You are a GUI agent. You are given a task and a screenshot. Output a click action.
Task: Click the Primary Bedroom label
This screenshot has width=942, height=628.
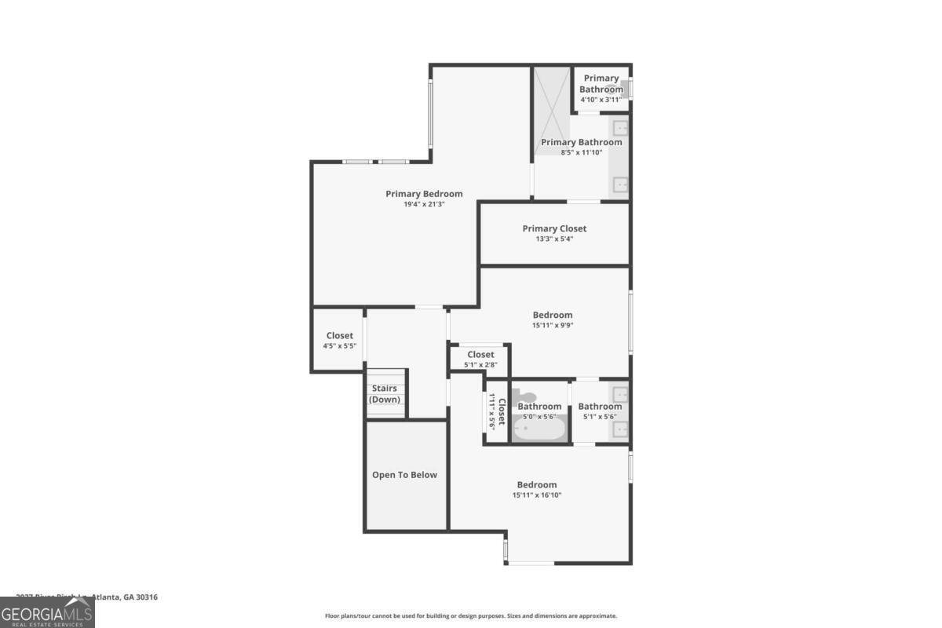[x=424, y=194]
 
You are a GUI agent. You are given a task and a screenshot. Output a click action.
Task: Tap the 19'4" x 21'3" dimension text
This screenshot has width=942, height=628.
[x=424, y=205]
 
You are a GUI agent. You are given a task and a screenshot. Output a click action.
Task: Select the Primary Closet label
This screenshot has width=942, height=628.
[x=554, y=228]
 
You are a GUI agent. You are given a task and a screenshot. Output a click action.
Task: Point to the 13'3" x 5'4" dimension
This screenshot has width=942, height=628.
[x=554, y=239]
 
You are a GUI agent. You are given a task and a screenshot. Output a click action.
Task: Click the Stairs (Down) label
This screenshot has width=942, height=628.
[x=385, y=394]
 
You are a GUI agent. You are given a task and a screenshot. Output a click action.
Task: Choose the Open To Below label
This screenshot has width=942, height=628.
[x=404, y=475]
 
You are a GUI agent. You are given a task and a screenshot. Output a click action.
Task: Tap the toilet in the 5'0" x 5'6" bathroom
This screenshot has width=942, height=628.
[x=522, y=396]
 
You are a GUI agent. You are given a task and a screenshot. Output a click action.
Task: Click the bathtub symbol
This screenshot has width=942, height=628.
[x=539, y=429]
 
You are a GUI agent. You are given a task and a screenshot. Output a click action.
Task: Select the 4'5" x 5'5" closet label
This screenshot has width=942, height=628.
[x=340, y=346]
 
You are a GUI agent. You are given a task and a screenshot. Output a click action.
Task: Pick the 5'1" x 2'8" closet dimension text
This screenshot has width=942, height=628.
[x=480, y=365]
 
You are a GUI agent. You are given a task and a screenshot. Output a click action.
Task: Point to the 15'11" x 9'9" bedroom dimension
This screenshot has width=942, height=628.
[x=553, y=325]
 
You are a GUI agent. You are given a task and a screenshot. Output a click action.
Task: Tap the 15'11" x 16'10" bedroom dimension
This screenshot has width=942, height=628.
[x=537, y=495]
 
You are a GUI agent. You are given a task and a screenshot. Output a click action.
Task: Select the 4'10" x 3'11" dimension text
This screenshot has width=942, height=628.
[x=601, y=100]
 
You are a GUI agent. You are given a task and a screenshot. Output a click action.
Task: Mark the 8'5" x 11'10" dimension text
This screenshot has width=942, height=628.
[x=581, y=152]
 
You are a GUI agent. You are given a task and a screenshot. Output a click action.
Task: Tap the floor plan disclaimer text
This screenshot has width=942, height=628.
[x=471, y=616]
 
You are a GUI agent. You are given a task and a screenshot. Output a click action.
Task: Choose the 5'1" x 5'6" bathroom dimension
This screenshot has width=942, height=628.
[x=600, y=417]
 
